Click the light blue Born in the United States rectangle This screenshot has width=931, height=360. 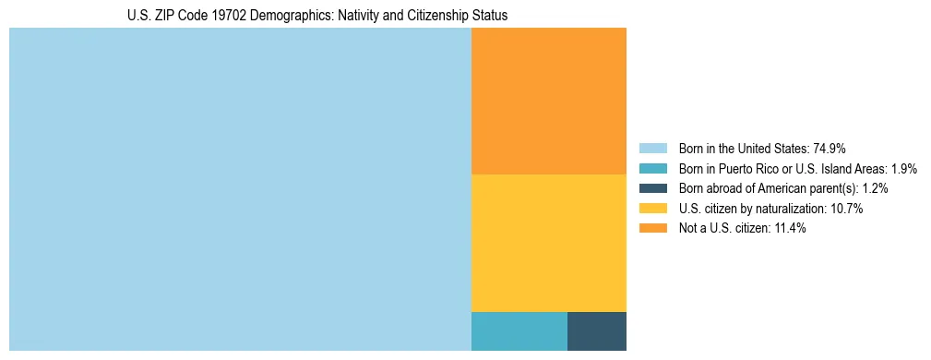(x=240, y=189)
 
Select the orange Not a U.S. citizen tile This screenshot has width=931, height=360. (x=548, y=101)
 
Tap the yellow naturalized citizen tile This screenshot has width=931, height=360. (x=548, y=243)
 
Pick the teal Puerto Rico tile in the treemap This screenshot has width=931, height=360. (x=519, y=331)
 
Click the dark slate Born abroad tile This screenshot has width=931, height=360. (x=596, y=331)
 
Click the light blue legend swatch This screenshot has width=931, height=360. (x=653, y=148)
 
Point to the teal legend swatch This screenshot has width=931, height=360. (x=653, y=168)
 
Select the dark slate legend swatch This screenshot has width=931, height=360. (x=653, y=188)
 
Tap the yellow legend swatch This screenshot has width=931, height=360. (x=653, y=209)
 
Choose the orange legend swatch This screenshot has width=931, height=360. (x=653, y=229)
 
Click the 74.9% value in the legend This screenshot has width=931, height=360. (x=830, y=148)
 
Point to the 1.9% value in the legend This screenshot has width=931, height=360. (x=903, y=168)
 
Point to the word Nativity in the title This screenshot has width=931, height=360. (x=335, y=16)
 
